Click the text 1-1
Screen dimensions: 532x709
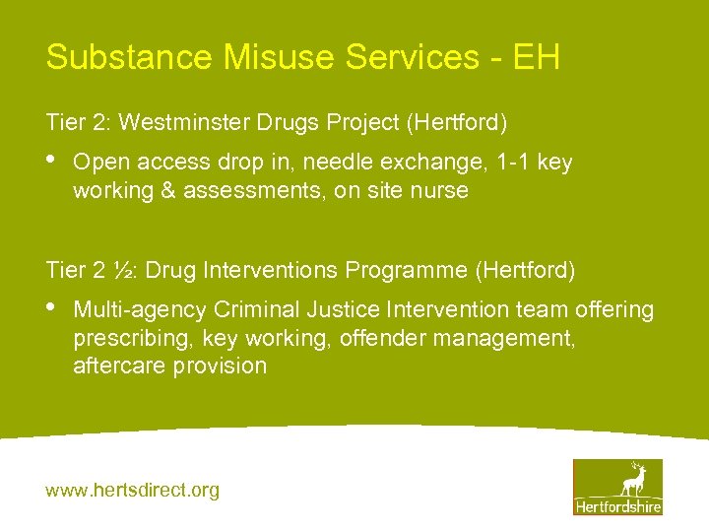514,162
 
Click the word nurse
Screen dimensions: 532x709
441,190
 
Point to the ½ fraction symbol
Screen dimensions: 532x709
115,269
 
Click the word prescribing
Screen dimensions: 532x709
133,338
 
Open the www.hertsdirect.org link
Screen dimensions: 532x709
132,490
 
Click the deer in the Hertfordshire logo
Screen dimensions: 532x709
632,479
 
